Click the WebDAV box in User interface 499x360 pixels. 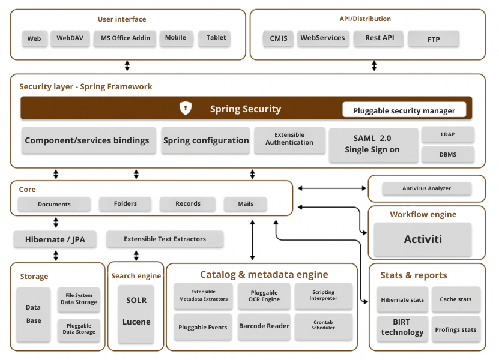tap(70, 38)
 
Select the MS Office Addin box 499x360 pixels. tap(125, 38)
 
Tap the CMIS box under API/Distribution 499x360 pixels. tap(279, 38)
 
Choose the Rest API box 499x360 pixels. tap(380, 38)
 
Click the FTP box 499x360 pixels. tap(434, 40)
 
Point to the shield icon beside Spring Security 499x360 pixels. tap(186, 108)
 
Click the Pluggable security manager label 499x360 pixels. tap(404, 110)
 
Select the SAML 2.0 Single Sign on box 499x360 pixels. tap(372, 145)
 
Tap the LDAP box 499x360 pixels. tap(448, 134)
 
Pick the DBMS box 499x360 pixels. tap(448, 155)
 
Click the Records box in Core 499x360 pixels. tap(188, 204)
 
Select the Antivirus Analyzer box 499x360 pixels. tap(426, 189)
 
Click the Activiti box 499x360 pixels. tap(423, 239)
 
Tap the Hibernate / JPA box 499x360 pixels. tap(55, 239)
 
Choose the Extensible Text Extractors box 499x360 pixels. tap(165, 239)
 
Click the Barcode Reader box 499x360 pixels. tap(264, 326)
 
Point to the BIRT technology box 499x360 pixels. tap(402, 328)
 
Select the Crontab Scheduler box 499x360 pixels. tap(323, 326)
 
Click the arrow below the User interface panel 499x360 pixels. tap(127, 66)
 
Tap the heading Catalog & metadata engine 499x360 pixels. tap(264, 275)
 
